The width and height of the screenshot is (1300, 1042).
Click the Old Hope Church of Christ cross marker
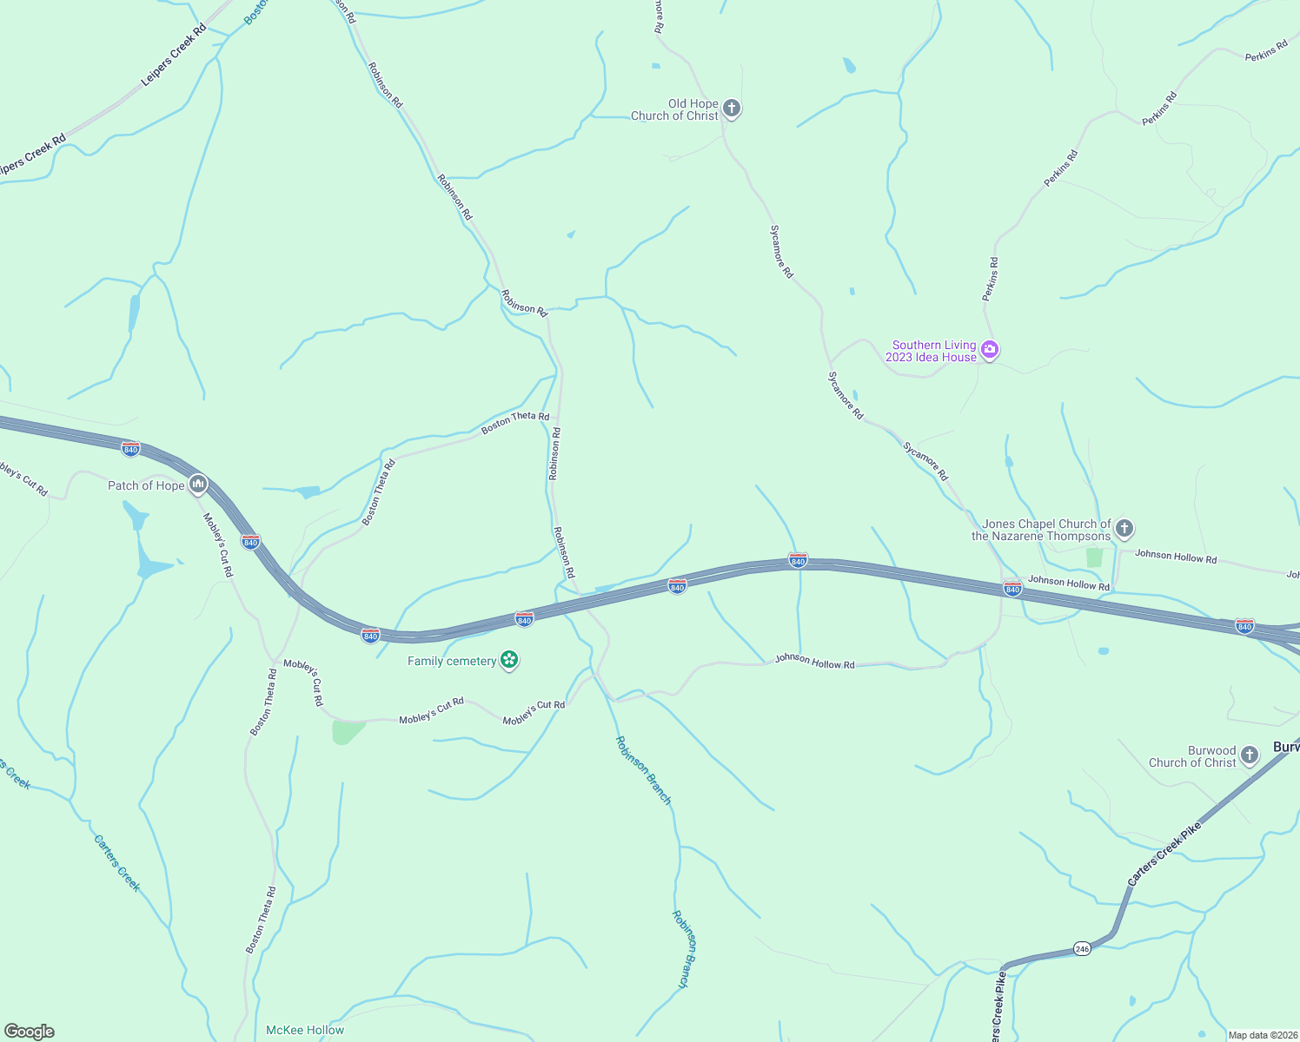(x=732, y=109)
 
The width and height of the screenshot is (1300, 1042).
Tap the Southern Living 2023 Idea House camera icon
(x=990, y=350)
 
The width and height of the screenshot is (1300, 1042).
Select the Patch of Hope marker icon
(x=198, y=485)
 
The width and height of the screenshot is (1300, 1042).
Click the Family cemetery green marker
(x=510, y=661)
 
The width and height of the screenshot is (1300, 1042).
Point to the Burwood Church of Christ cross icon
(x=1250, y=755)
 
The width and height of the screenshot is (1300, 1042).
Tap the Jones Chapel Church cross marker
(x=1124, y=528)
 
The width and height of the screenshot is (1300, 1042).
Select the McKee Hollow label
(x=305, y=1030)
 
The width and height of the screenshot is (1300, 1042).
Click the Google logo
(x=29, y=1032)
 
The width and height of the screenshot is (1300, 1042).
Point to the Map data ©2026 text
(x=1262, y=1035)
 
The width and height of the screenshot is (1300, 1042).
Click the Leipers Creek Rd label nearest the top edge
(x=175, y=55)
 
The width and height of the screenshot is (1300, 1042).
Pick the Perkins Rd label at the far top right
(x=1266, y=51)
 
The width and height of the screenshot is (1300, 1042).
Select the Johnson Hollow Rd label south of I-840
(x=814, y=662)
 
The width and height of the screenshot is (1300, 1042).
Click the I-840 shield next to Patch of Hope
(x=130, y=449)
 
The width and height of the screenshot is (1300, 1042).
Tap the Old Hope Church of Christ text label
(x=675, y=109)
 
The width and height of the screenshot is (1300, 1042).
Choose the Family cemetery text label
(x=452, y=662)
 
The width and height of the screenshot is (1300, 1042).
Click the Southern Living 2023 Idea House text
(x=932, y=351)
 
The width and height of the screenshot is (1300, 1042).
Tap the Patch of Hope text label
(x=146, y=485)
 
